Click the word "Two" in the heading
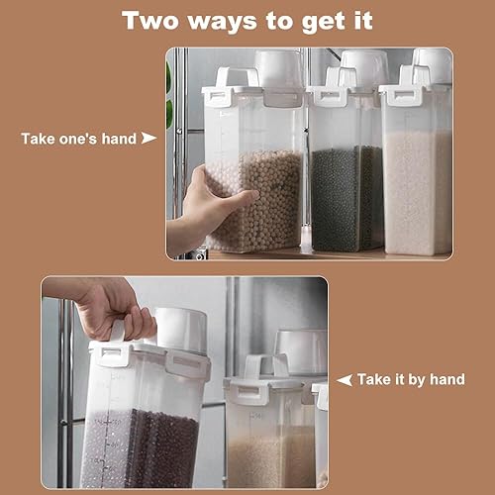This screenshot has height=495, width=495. click(x=150, y=21)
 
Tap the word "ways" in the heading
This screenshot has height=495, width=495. click(x=223, y=23)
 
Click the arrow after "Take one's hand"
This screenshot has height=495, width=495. click(x=148, y=138)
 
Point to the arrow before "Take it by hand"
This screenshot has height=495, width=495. click(x=345, y=380)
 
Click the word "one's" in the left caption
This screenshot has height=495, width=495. click(x=78, y=139)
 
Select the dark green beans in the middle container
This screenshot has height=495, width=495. click(x=346, y=198)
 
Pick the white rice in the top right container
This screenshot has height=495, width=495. click(x=418, y=191)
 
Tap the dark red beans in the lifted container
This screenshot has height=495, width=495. click(x=163, y=448)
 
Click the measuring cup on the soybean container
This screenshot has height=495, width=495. click(x=279, y=68)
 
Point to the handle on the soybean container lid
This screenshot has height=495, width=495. click(x=237, y=76)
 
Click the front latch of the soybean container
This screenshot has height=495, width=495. click(x=217, y=96)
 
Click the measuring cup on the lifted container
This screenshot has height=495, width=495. click(x=180, y=330)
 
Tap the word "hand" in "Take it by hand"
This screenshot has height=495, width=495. click(x=447, y=379)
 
